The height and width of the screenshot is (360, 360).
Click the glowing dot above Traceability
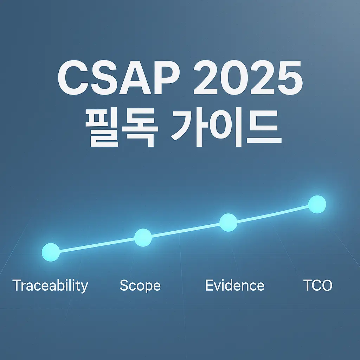51,252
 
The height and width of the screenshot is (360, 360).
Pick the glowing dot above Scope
143,237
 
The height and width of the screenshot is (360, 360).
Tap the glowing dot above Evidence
228,222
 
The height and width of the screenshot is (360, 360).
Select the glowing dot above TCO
317,204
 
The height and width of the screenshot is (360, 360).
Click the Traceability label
50,285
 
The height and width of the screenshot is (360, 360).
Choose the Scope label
140,285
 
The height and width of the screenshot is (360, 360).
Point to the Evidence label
234,285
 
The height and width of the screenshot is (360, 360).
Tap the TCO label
317,285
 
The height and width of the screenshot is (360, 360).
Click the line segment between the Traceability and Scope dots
97,245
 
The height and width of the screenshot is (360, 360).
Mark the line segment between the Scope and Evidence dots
186,230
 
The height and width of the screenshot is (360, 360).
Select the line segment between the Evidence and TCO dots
272,214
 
